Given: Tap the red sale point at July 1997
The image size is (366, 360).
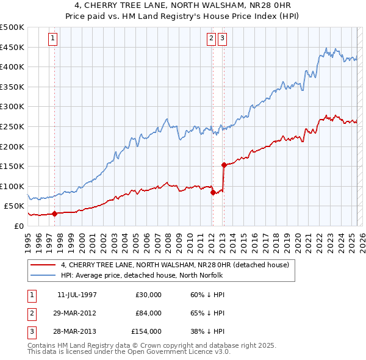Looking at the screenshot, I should click(54, 214).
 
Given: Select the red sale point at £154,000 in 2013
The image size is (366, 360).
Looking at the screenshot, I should click(224, 164).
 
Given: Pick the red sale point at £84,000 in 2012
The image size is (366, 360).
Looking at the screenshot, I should click(213, 192).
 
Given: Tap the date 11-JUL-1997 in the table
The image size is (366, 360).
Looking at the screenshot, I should click(77, 295).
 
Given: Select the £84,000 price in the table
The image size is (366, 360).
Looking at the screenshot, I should click(148, 313).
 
